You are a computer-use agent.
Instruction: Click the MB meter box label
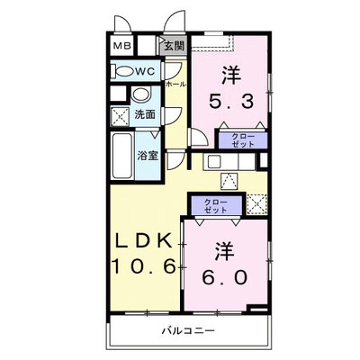coord(122,46)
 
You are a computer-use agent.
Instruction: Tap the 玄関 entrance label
coord(174,46)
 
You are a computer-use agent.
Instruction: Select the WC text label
coord(145,71)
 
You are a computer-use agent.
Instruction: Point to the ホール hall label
coord(176,85)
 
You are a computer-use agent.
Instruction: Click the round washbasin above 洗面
coord(141,94)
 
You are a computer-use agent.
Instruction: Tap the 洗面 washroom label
coord(145,114)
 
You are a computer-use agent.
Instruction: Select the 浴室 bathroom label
coord(148,156)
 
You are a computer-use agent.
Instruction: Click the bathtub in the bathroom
coord(122,156)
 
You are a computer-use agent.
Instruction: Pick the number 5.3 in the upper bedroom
coord(231,101)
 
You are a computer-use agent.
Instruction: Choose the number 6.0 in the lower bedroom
coord(225,277)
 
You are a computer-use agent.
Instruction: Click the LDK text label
coord(144,239)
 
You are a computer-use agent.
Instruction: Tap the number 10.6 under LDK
coord(144,265)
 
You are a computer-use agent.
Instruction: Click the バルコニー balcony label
coord(189,331)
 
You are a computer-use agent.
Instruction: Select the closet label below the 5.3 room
coord(243,140)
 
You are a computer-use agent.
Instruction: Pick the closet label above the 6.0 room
coord(216,206)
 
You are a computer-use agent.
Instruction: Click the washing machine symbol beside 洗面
coord(120,116)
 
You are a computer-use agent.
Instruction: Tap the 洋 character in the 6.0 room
coord(224,251)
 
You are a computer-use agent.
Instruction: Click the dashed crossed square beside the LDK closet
coord(256,204)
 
